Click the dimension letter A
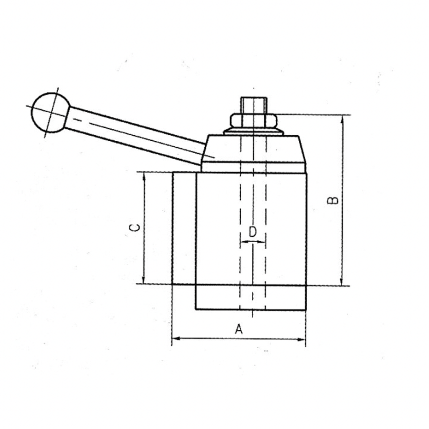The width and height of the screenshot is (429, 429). [239, 329]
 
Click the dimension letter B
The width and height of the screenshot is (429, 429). [333, 200]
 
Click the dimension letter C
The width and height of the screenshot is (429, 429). [134, 227]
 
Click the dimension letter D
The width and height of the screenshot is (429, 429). [253, 232]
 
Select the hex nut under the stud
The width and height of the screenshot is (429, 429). [253, 121]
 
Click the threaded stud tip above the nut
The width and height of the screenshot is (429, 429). [253, 105]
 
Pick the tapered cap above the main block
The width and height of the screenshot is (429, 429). [253, 149]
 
